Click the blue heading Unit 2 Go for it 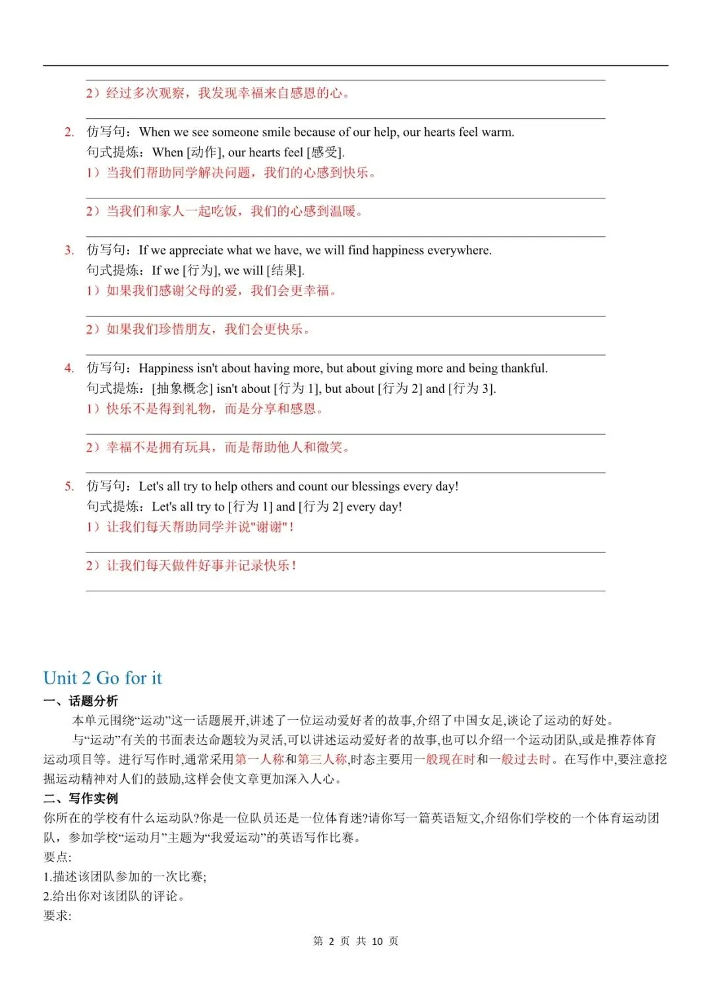pyautogui.click(x=102, y=678)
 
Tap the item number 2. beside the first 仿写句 pyautogui.click(x=69, y=132)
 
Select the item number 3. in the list pyautogui.click(x=69, y=250)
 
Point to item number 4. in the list pyautogui.click(x=69, y=368)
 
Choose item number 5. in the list pyautogui.click(x=69, y=486)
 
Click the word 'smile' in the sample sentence pyautogui.click(x=272, y=132)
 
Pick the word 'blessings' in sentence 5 pyautogui.click(x=375, y=486)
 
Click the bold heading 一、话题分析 pyautogui.click(x=80, y=701)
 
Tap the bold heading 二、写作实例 pyautogui.click(x=80, y=798)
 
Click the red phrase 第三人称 pyautogui.click(x=322, y=759)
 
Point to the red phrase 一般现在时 pyautogui.click(x=444, y=759)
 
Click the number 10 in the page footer pyautogui.click(x=377, y=941)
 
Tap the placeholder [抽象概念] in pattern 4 pyautogui.click(x=183, y=388)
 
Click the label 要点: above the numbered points pyautogui.click(x=57, y=857)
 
